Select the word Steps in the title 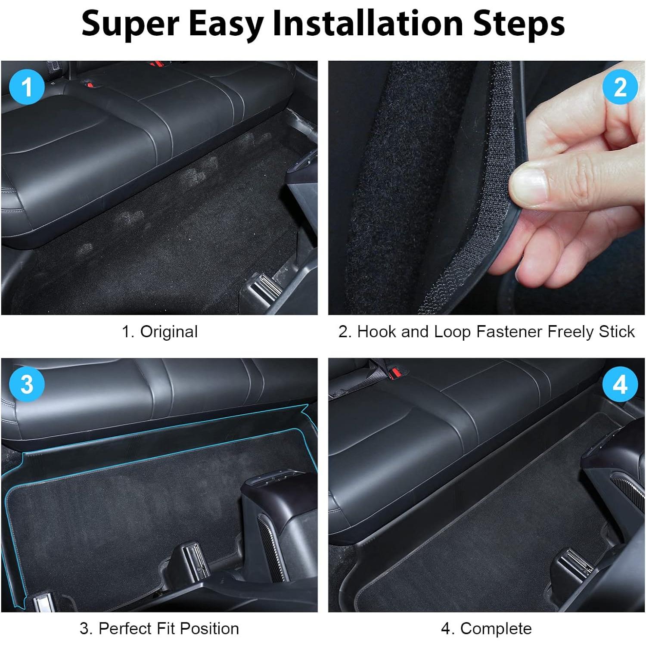click(x=519, y=24)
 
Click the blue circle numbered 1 click(x=27, y=87)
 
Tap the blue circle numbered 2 click(x=620, y=87)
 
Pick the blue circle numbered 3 click(x=27, y=384)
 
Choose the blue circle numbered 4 click(x=620, y=384)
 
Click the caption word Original click(x=169, y=332)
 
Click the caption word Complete click(x=496, y=629)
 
